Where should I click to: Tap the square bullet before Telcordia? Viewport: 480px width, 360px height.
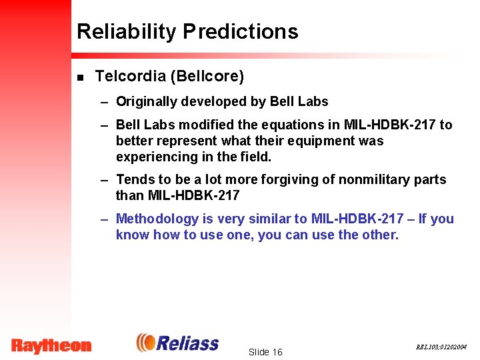tap(80, 77)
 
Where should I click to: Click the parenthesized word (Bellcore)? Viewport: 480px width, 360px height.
tap(208, 77)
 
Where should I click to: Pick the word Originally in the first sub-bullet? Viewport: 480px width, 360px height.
tap(145, 102)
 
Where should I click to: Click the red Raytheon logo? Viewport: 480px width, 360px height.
tap(51, 345)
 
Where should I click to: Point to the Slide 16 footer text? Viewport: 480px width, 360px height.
tap(265, 351)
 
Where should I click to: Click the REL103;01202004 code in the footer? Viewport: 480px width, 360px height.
tap(441, 347)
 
